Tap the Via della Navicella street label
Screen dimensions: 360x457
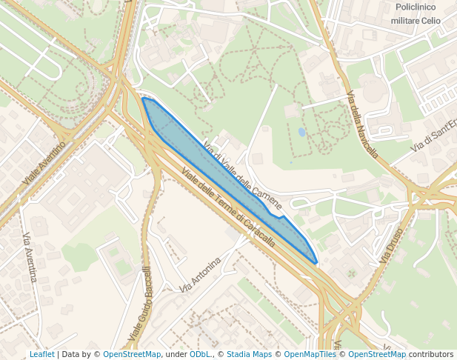point(363,125)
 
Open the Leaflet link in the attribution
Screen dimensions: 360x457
point(41,354)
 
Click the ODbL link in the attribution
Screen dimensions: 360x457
point(200,354)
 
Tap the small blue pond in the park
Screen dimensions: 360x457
point(301,132)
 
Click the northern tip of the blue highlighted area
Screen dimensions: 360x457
point(142,99)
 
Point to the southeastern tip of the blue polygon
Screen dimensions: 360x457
point(316,262)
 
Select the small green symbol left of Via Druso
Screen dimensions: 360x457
point(352,274)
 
